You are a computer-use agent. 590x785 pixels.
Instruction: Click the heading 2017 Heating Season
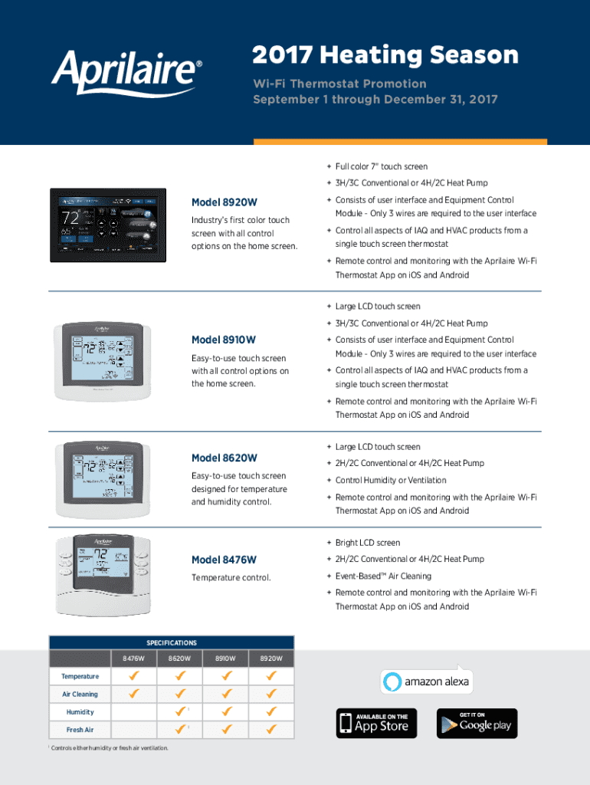385,55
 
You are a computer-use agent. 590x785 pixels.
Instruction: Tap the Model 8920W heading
225,202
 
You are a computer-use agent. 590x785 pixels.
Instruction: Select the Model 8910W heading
224,340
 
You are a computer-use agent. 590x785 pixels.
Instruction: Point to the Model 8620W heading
225,458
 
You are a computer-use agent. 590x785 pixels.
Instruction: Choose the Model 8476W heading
224,560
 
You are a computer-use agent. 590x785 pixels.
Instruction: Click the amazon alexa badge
427,681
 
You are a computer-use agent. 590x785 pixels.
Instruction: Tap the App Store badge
376,723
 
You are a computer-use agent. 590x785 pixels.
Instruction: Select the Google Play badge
477,723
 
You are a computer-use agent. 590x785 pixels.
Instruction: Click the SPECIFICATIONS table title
172,643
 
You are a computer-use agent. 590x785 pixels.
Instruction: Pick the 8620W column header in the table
179,659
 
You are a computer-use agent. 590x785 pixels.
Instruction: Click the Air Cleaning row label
80,694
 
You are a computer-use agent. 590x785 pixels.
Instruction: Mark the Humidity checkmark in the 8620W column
180,711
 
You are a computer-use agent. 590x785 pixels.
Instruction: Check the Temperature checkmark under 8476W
134,676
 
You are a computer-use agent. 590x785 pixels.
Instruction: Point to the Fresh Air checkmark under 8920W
270,729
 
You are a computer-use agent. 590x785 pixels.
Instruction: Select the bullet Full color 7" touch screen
381,166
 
